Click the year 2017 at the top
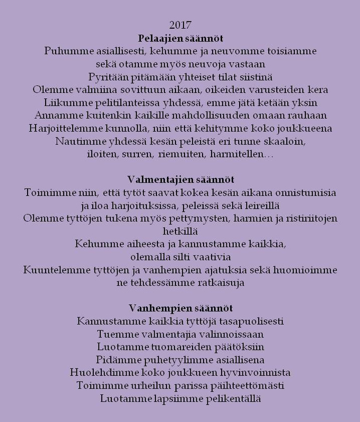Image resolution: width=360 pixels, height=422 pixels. pos(180,25)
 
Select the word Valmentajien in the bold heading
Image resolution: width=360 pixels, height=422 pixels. pos(153,179)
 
